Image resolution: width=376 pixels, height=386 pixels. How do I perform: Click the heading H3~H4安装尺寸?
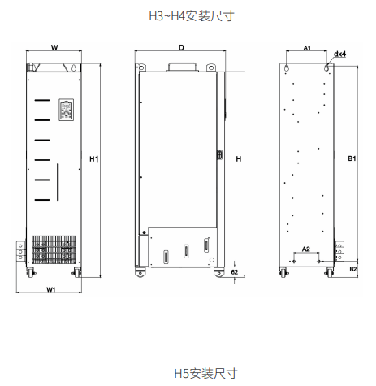tap(192, 16)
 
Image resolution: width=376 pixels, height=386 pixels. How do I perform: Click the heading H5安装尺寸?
tap(205, 373)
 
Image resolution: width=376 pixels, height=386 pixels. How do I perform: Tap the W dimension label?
tap(54, 48)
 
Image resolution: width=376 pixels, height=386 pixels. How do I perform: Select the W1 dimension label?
tap(50, 289)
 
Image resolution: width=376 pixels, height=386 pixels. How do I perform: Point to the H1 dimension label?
tap(93, 159)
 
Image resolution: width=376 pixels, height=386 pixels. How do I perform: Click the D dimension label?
tap(181, 48)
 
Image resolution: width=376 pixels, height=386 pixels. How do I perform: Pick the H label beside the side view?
tap(239, 159)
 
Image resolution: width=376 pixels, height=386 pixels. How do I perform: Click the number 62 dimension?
tap(235, 271)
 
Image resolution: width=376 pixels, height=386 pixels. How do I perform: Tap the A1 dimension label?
tap(307, 48)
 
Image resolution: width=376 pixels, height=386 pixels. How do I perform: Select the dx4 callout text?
tap(339, 54)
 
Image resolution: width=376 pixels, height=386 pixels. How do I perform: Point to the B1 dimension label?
tap(352, 158)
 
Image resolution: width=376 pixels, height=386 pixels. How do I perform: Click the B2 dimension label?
tap(353, 269)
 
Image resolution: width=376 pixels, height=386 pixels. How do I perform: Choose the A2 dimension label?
tap(306, 249)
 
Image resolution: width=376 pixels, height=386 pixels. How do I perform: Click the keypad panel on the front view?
tap(67, 110)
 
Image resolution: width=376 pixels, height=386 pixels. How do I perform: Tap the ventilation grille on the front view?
tap(54, 249)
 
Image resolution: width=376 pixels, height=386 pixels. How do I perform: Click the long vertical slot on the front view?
tap(58, 182)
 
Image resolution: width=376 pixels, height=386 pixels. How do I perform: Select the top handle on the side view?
tap(182, 67)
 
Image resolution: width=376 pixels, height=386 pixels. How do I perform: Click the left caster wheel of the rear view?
tap(283, 272)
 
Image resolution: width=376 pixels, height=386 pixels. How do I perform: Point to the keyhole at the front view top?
tap(74, 67)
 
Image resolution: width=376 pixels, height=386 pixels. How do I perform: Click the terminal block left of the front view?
tap(21, 251)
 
